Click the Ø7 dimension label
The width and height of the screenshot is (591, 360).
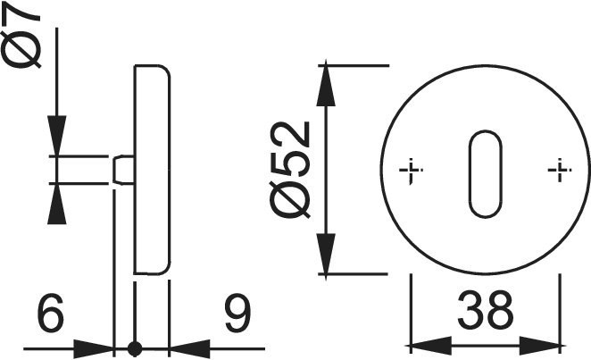tap(21, 38)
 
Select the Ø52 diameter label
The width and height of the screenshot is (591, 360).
tap(290, 170)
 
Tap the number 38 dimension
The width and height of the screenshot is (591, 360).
tap(486, 310)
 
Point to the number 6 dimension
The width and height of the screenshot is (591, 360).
tap(51, 313)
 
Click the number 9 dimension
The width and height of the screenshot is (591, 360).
tap(237, 313)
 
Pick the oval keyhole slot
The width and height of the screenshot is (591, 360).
tap(486, 174)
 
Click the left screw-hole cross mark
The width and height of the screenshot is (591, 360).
tap(411, 171)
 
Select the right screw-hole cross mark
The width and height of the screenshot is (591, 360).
tap(560, 171)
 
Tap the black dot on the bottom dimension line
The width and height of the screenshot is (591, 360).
tap(135, 349)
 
